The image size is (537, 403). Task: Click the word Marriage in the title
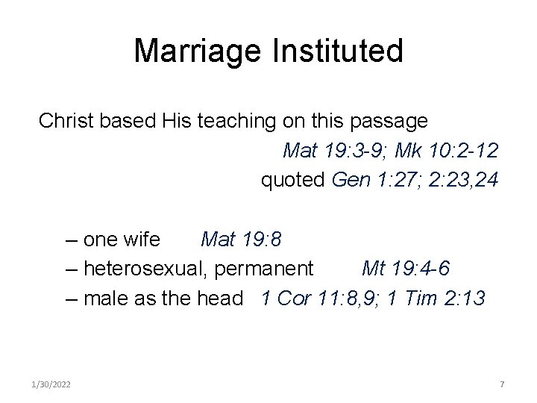pyautogui.click(x=195, y=51)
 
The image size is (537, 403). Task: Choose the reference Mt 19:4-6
pyautogui.click(x=405, y=269)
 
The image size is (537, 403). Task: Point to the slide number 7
pyautogui.click(x=502, y=384)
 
